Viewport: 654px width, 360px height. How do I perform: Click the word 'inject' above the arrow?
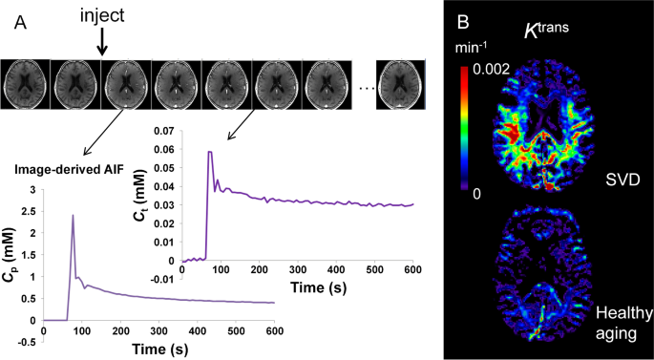102,16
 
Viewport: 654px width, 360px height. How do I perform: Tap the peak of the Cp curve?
73,216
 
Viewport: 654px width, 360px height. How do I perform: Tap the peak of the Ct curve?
210,152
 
